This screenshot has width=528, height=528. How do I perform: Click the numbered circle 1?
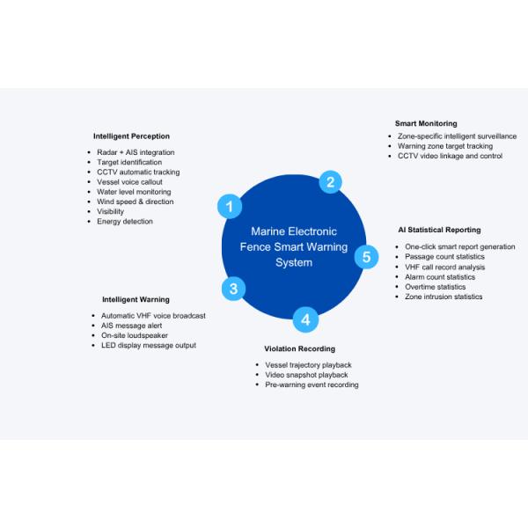coord(230,207)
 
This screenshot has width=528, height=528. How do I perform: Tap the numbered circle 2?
coord(330,182)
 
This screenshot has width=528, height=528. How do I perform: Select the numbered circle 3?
coord(233,289)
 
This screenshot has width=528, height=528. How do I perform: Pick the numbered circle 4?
coord(305,319)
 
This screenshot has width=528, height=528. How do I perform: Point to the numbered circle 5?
coord(366,257)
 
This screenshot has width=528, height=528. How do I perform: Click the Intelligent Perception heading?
coord(131,136)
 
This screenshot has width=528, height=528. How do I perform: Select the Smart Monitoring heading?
coord(426,123)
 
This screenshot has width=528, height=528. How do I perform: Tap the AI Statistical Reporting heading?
coord(439,230)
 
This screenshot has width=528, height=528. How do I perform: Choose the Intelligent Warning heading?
coord(136,300)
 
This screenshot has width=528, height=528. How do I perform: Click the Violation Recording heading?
coord(300,348)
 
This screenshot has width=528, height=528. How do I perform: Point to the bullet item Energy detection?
coord(125,222)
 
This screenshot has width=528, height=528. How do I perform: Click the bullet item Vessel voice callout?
coord(129,182)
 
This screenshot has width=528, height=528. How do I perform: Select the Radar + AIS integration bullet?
coord(136,152)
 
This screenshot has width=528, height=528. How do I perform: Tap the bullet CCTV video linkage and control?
coord(450,156)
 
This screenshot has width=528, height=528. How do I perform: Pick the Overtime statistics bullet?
coord(435,287)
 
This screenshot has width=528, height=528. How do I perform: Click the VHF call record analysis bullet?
coord(444,268)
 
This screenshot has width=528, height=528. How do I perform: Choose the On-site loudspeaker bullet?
coord(135,336)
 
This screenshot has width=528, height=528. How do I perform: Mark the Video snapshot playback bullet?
coord(306,375)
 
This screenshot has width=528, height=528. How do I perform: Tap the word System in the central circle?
coord(294,262)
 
